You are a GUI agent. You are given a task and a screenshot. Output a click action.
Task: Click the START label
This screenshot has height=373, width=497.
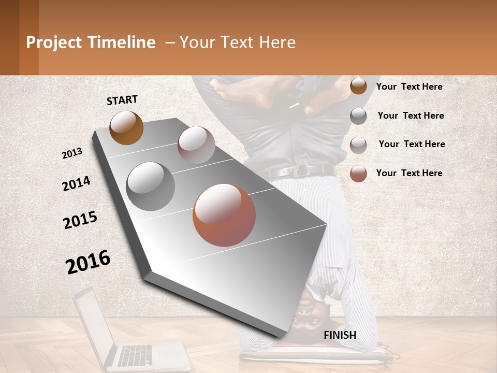click(x=122, y=100)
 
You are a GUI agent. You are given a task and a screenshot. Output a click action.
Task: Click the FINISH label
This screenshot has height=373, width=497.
click(x=340, y=335)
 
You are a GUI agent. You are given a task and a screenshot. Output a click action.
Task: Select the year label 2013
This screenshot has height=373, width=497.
click(x=72, y=153)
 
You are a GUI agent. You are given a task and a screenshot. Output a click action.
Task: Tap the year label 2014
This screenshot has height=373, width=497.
click(x=76, y=183)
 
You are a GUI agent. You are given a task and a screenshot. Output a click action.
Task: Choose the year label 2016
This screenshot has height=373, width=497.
click(x=88, y=262)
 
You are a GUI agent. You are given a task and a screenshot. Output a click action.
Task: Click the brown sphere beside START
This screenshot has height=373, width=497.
click(x=126, y=127)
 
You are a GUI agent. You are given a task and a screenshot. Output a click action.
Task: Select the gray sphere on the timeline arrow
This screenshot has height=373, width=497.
click(x=151, y=187)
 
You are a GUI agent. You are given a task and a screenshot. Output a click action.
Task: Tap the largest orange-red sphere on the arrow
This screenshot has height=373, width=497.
click(x=224, y=215)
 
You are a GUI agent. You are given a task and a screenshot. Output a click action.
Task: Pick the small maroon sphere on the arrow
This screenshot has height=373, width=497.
click(x=196, y=145)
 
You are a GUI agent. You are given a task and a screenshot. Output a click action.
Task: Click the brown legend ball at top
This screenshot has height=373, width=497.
click(x=358, y=86)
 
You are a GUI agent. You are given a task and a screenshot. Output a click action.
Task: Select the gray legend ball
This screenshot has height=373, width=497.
click(x=358, y=116)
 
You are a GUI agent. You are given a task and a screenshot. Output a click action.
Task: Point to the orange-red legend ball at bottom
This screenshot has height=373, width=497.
click(x=358, y=174)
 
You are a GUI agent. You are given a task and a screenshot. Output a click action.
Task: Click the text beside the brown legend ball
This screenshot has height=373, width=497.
click(x=409, y=87)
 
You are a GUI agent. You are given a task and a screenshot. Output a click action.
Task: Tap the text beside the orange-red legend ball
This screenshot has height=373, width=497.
click(x=409, y=173)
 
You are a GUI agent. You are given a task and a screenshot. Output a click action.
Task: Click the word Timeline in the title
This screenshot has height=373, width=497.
click(x=122, y=42)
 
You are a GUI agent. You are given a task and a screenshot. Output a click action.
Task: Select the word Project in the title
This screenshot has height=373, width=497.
click(x=54, y=42)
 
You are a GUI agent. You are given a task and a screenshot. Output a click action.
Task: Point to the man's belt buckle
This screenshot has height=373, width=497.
click(x=301, y=170)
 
